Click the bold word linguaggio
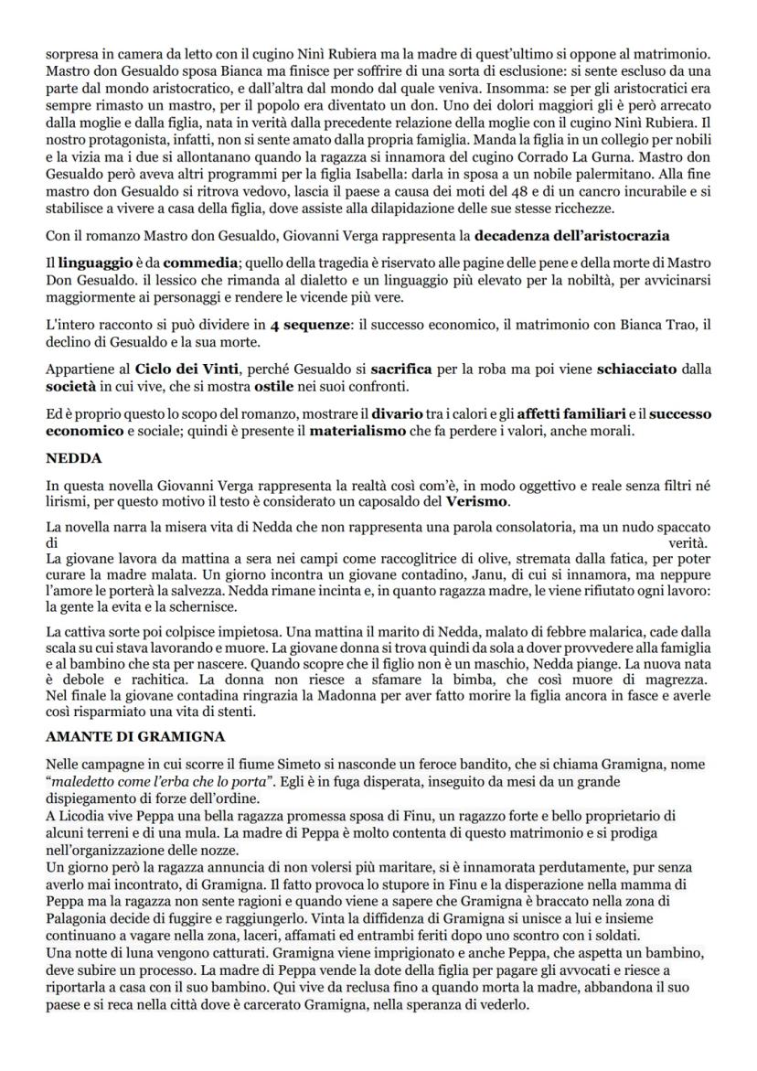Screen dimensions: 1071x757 coord(92,263)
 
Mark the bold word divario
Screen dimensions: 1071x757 coord(397,413)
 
